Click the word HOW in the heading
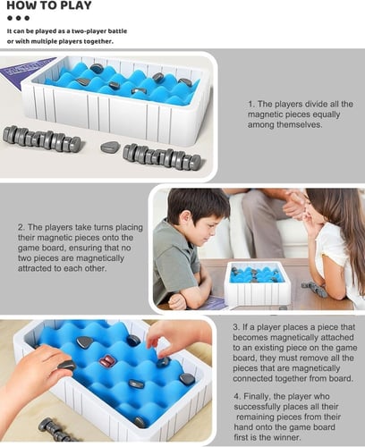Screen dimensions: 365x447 coord(19,5)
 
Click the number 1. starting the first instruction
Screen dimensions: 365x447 coord(251,104)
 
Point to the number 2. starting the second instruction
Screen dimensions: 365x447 coord(21,227)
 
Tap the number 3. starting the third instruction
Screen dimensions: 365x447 coord(236,327)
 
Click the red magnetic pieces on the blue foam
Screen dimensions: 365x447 coord(107,360)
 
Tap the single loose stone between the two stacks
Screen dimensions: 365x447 coord(110,147)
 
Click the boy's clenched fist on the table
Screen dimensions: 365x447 coord(177,302)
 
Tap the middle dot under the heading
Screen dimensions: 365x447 coord(19,18)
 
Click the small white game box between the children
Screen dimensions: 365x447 coord(257,283)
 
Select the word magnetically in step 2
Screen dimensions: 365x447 coord(99,258)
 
